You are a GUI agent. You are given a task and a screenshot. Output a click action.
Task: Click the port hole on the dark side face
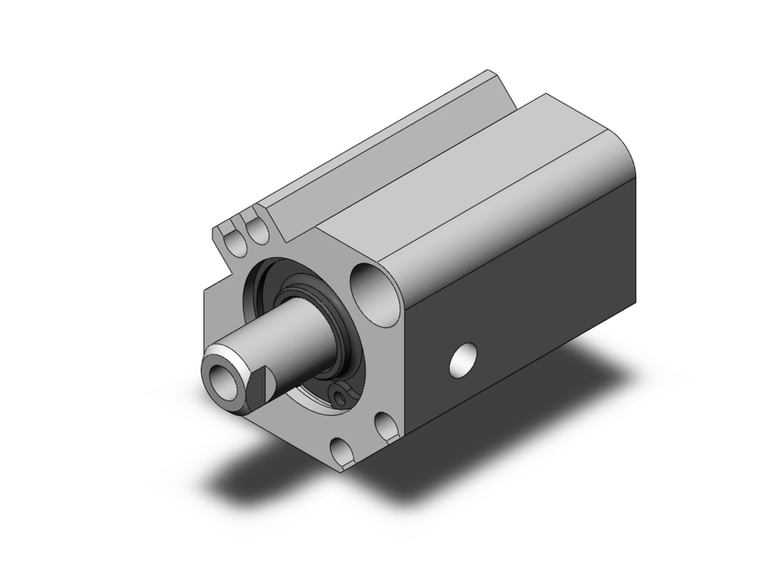point(464,360)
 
